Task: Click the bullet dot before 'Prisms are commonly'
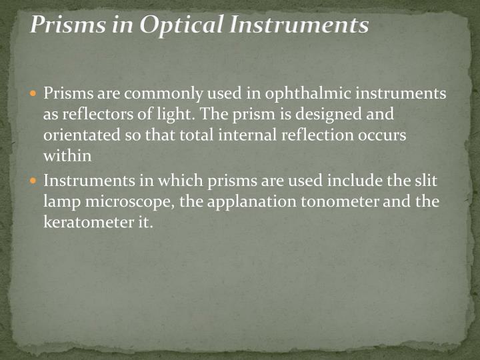click(x=35, y=93)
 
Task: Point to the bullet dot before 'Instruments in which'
click(x=35, y=180)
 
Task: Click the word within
click(x=66, y=155)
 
